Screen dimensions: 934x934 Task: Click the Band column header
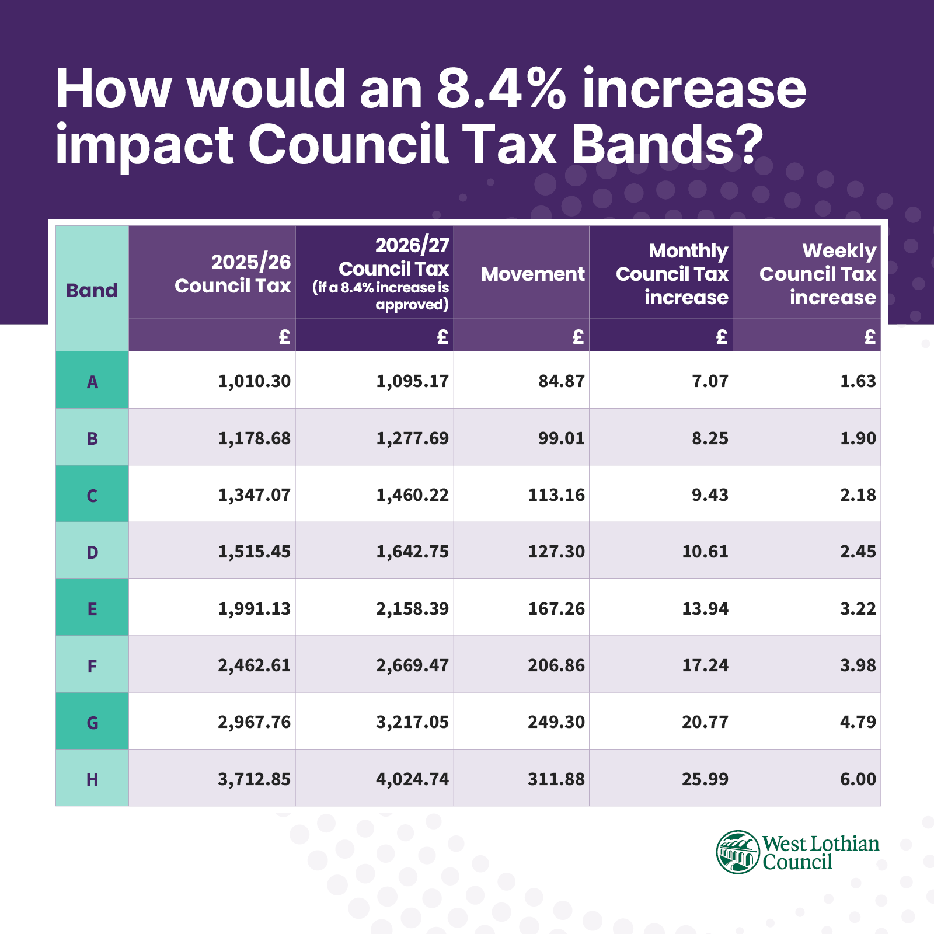click(92, 290)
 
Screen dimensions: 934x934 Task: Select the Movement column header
click(532, 274)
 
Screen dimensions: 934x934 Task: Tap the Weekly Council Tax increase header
click(817, 274)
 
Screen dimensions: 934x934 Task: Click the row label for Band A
click(92, 382)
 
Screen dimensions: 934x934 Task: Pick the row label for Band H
click(92, 779)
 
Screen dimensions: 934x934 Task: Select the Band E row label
click(92, 609)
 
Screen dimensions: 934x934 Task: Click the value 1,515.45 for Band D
click(254, 551)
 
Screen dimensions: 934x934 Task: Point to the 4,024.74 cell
click(412, 779)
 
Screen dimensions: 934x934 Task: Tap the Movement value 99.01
click(561, 438)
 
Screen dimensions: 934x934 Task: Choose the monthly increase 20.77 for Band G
click(705, 722)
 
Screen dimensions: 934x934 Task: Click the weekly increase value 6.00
click(858, 779)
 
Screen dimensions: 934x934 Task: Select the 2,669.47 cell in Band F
click(412, 665)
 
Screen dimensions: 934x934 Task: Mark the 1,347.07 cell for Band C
click(254, 495)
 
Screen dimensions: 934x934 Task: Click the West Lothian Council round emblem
click(738, 852)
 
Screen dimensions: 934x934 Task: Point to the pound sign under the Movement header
click(577, 336)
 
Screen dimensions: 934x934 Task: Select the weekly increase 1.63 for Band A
click(858, 381)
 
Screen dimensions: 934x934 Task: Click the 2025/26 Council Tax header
click(233, 274)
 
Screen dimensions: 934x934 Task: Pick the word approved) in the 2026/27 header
click(412, 305)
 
